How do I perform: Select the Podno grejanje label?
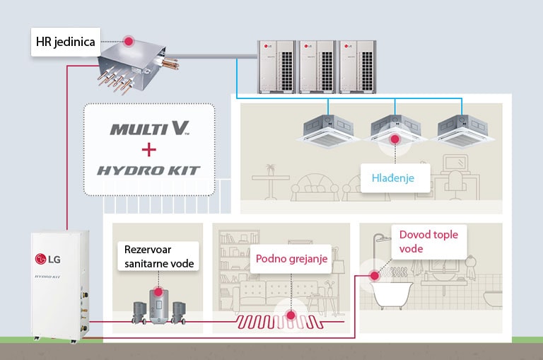click(x=291, y=260)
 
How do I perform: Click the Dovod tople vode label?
click(x=426, y=241)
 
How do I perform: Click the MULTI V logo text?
click(x=149, y=129)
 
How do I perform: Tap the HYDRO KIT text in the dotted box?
click(x=149, y=170)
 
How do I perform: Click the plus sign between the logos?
click(x=149, y=150)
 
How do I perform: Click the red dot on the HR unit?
click(x=129, y=40)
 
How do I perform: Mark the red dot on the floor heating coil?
click(x=291, y=317)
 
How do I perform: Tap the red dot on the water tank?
click(x=157, y=290)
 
